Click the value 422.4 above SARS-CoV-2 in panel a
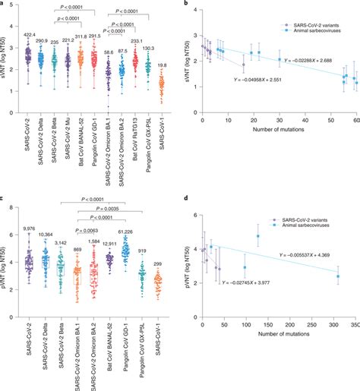pyautogui.click(x=29, y=34)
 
